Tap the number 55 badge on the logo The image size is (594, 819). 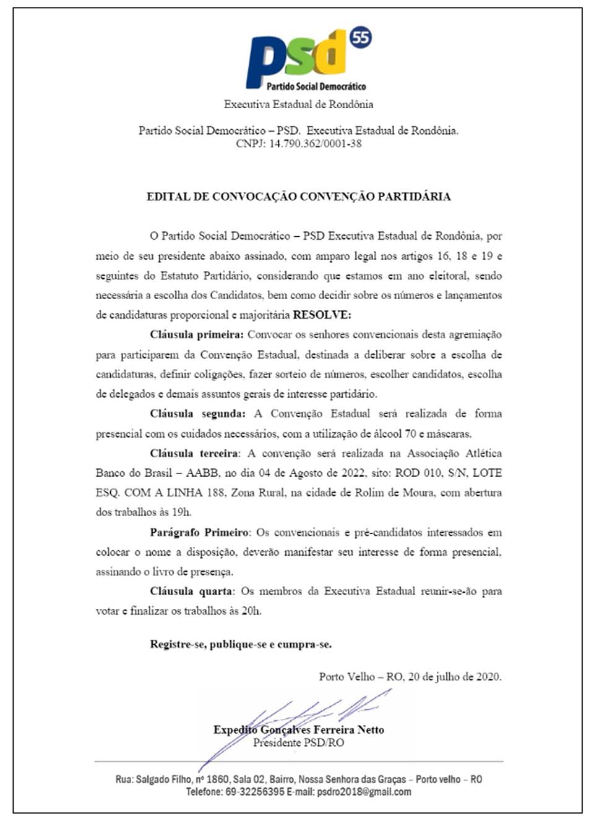361,38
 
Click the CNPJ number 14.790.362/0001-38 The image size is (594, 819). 315,143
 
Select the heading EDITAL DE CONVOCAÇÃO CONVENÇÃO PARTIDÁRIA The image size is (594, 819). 298,197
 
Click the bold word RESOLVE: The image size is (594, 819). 322,315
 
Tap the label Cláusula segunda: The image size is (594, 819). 197,414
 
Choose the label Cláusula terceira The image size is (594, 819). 194,453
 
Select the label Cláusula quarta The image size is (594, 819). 191,591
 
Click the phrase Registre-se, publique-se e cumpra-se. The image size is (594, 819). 241,644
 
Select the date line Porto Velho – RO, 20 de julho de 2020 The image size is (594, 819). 410,676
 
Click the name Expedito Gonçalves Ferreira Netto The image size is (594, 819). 298,729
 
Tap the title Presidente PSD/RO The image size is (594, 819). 298,742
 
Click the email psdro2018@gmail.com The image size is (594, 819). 364,791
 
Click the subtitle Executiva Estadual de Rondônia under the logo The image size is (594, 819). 298,104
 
